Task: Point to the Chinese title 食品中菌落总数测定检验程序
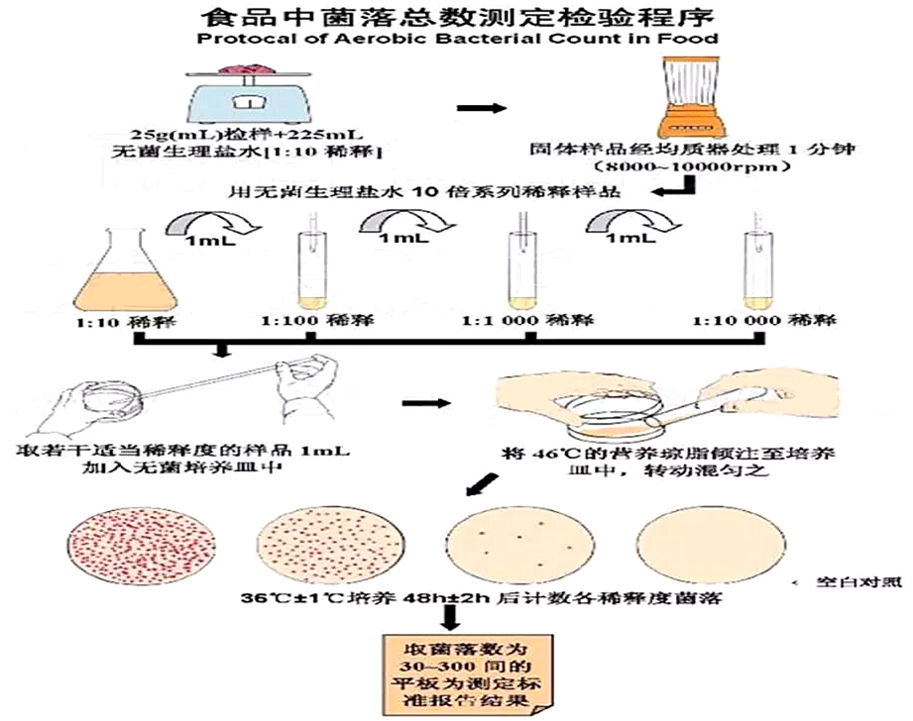pos(457,16)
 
